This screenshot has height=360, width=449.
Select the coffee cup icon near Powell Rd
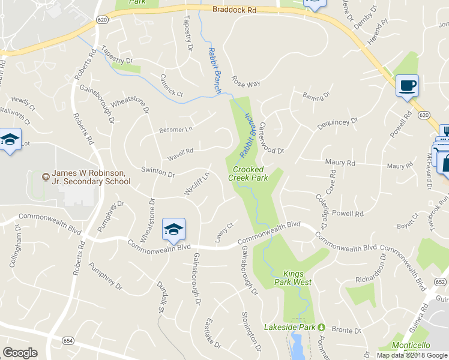[408, 85]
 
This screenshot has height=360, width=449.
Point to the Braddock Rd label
[234, 10]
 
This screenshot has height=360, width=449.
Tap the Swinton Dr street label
[157, 172]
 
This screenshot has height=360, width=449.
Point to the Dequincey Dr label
[337, 124]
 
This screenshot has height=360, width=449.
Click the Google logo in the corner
[20, 353]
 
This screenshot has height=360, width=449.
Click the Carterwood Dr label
[271, 135]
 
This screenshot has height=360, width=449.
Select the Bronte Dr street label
[346, 331]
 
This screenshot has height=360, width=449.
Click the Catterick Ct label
[171, 85]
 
